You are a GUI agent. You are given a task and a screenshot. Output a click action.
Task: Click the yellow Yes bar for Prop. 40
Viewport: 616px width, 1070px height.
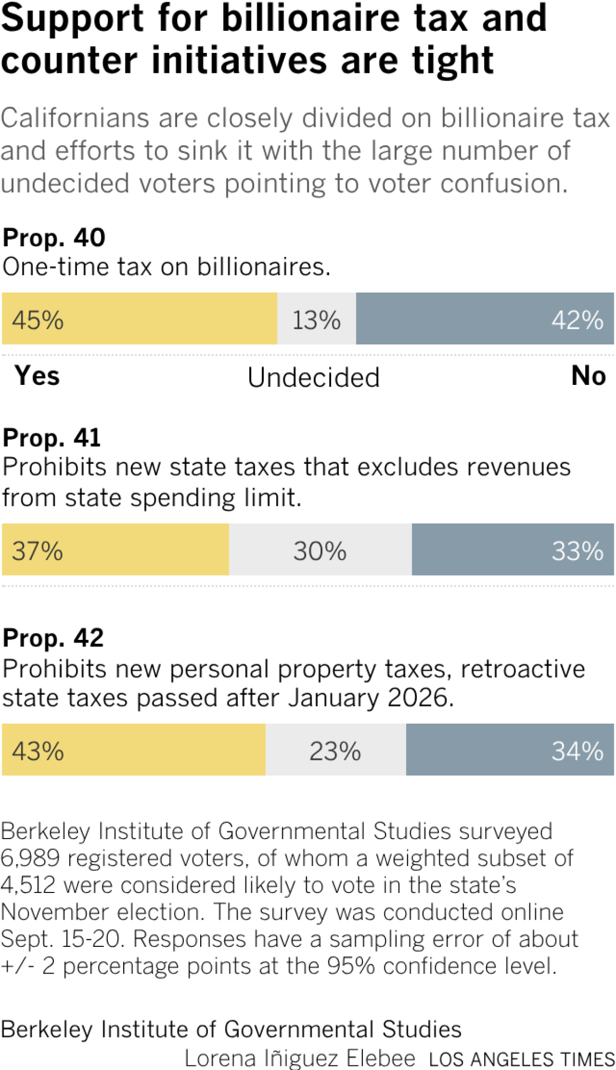click(x=140, y=319)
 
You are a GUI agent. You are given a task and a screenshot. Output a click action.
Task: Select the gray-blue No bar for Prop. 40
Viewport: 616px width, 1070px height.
click(x=485, y=319)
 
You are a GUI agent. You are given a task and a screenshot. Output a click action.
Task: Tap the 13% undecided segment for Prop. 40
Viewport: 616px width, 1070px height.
click(x=317, y=319)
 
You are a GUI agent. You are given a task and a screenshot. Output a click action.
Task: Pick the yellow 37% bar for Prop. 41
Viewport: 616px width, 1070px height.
click(x=115, y=549)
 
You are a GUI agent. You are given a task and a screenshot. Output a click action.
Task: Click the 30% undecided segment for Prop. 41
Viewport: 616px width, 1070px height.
click(x=320, y=549)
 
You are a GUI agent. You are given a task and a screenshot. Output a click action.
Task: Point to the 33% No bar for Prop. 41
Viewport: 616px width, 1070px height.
click(x=513, y=549)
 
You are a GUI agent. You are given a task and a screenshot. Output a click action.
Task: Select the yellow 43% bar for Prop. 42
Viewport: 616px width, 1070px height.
click(x=134, y=749)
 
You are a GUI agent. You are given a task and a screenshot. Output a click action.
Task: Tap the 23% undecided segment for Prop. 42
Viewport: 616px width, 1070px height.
click(x=336, y=749)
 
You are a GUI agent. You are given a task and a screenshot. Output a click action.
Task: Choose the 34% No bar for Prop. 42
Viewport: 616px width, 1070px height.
click(x=510, y=749)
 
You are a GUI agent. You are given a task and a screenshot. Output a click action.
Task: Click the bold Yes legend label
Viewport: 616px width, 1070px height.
click(x=37, y=376)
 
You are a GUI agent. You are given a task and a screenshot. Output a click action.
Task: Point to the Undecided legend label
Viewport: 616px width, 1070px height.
click(x=314, y=377)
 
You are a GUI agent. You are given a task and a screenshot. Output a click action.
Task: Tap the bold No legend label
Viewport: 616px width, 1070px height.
click(x=589, y=376)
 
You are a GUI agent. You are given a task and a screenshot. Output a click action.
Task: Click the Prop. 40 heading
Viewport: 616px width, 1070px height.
click(x=54, y=238)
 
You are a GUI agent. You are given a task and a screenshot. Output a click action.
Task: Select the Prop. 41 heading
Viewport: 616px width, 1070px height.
click(x=52, y=438)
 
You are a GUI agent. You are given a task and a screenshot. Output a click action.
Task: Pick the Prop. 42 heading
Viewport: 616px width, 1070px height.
click(x=53, y=638)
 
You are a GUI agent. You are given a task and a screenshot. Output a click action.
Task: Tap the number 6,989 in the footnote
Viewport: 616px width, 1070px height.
click(x=30, y=858)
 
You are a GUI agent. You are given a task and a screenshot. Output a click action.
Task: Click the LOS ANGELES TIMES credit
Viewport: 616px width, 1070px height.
click(x=521, y=1059)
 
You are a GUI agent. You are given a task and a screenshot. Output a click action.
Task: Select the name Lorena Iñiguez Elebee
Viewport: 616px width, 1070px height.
click(x=300, y=1058)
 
